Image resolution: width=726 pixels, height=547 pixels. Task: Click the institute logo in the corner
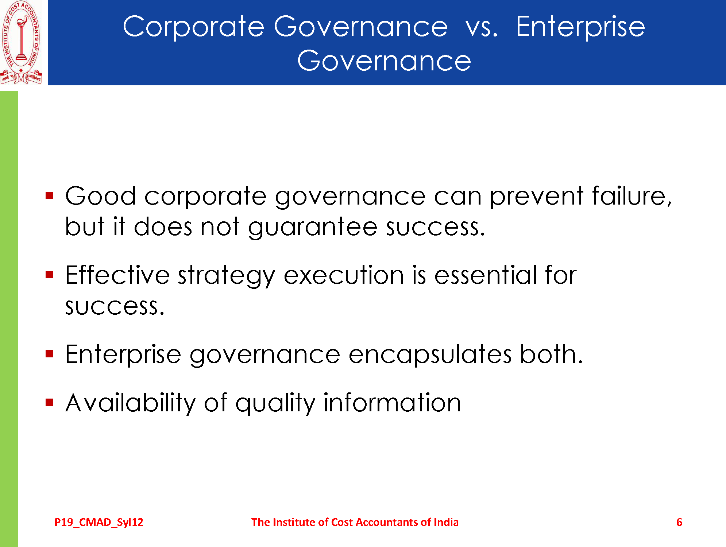point(21,42)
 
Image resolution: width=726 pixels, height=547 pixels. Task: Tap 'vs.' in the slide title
point(482,27)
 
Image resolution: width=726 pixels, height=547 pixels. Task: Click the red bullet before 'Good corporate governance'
point(50,196)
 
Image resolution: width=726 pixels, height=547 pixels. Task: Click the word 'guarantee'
point(312,228)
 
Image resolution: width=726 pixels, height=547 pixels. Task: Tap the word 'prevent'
point(536,197)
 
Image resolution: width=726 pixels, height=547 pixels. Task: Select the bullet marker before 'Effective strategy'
point(50,275)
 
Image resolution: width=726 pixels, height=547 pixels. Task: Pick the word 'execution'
point(344,275)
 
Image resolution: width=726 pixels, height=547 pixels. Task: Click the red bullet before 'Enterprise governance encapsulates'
point(50,354)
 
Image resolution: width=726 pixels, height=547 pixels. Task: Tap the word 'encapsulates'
point(430,355)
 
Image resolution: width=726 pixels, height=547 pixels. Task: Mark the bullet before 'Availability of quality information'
point(50,402)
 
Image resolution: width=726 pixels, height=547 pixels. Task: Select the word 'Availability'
point(131,403)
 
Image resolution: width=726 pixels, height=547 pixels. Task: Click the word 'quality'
point(275,403)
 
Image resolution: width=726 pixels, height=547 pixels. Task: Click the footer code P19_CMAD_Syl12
point(99,522)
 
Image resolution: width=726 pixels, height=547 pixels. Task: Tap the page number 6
point(679,522)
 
